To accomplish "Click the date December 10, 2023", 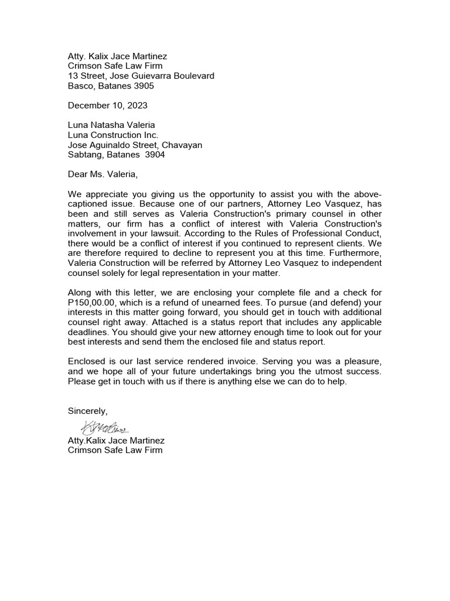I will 108,106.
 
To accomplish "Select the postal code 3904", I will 155,155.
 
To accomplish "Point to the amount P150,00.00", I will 93,302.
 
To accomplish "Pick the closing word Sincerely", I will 88,411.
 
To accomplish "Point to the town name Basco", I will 80,86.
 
